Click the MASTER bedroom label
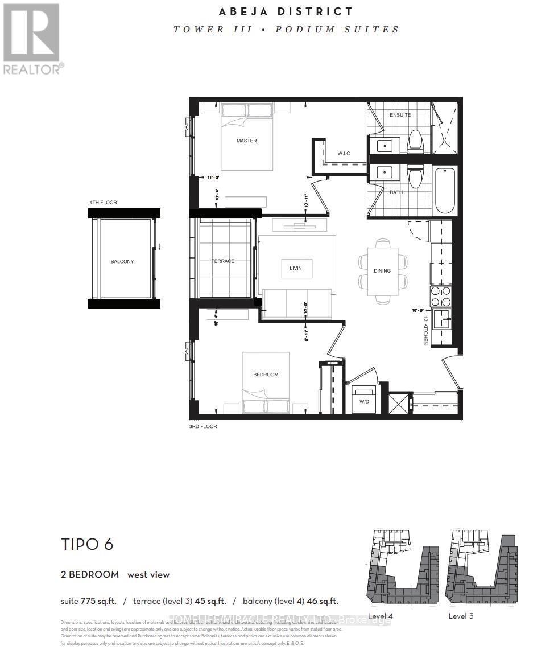tap(247, 141)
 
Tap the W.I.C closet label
tap(344, 153)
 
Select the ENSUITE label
tap(400, 115)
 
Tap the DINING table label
tap(382, 271)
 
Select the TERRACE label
tap(223, 261)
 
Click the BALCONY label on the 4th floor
tap(122, 261)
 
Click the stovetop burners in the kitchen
tap(441, 297)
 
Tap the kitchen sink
tap(442, 319)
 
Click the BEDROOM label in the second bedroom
tap(266, 375)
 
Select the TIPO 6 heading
tap(87, 544)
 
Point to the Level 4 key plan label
tap(381, 616)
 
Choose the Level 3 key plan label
tap(461, 616)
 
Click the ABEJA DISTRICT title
tap(286, 11)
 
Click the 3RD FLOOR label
tap(202, 426)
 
